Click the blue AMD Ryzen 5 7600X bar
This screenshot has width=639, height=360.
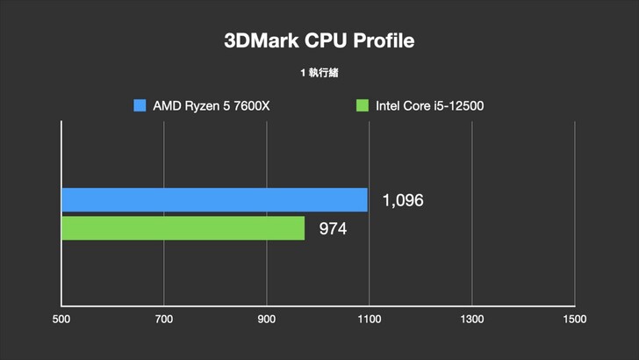point(214,199)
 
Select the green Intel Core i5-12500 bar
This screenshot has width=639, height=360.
point(183,228)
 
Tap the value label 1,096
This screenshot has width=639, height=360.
point(403,200)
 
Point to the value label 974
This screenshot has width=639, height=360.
point(334,229)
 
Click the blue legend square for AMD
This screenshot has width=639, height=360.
point(140,106)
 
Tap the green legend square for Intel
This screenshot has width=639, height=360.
point(362,106)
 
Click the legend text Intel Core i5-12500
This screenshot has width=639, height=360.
point(430,106)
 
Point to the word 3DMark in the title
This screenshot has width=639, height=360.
point(261,41)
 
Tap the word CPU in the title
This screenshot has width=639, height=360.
point(326,41)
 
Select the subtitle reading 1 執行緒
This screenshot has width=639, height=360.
point(319,73)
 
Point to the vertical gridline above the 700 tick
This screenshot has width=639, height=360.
point(164,158)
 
